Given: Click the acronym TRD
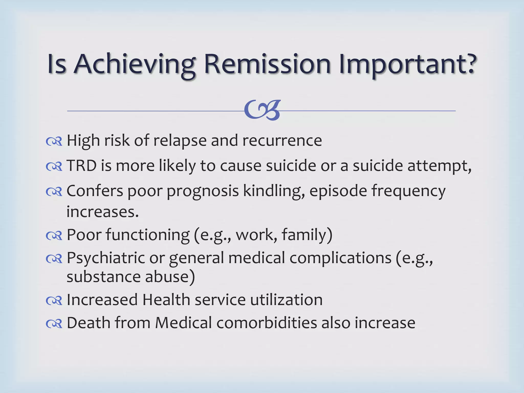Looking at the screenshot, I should (x=81, y=166).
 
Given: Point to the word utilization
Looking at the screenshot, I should (x=286, y=300).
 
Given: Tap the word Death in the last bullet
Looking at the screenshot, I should (x=89, y=323).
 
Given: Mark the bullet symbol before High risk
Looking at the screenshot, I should (x=54, y=141).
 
